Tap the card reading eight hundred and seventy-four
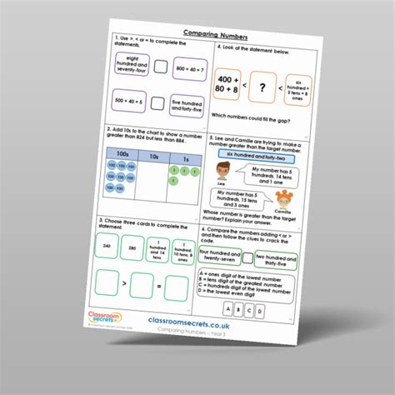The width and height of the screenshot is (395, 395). coord(127,72)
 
